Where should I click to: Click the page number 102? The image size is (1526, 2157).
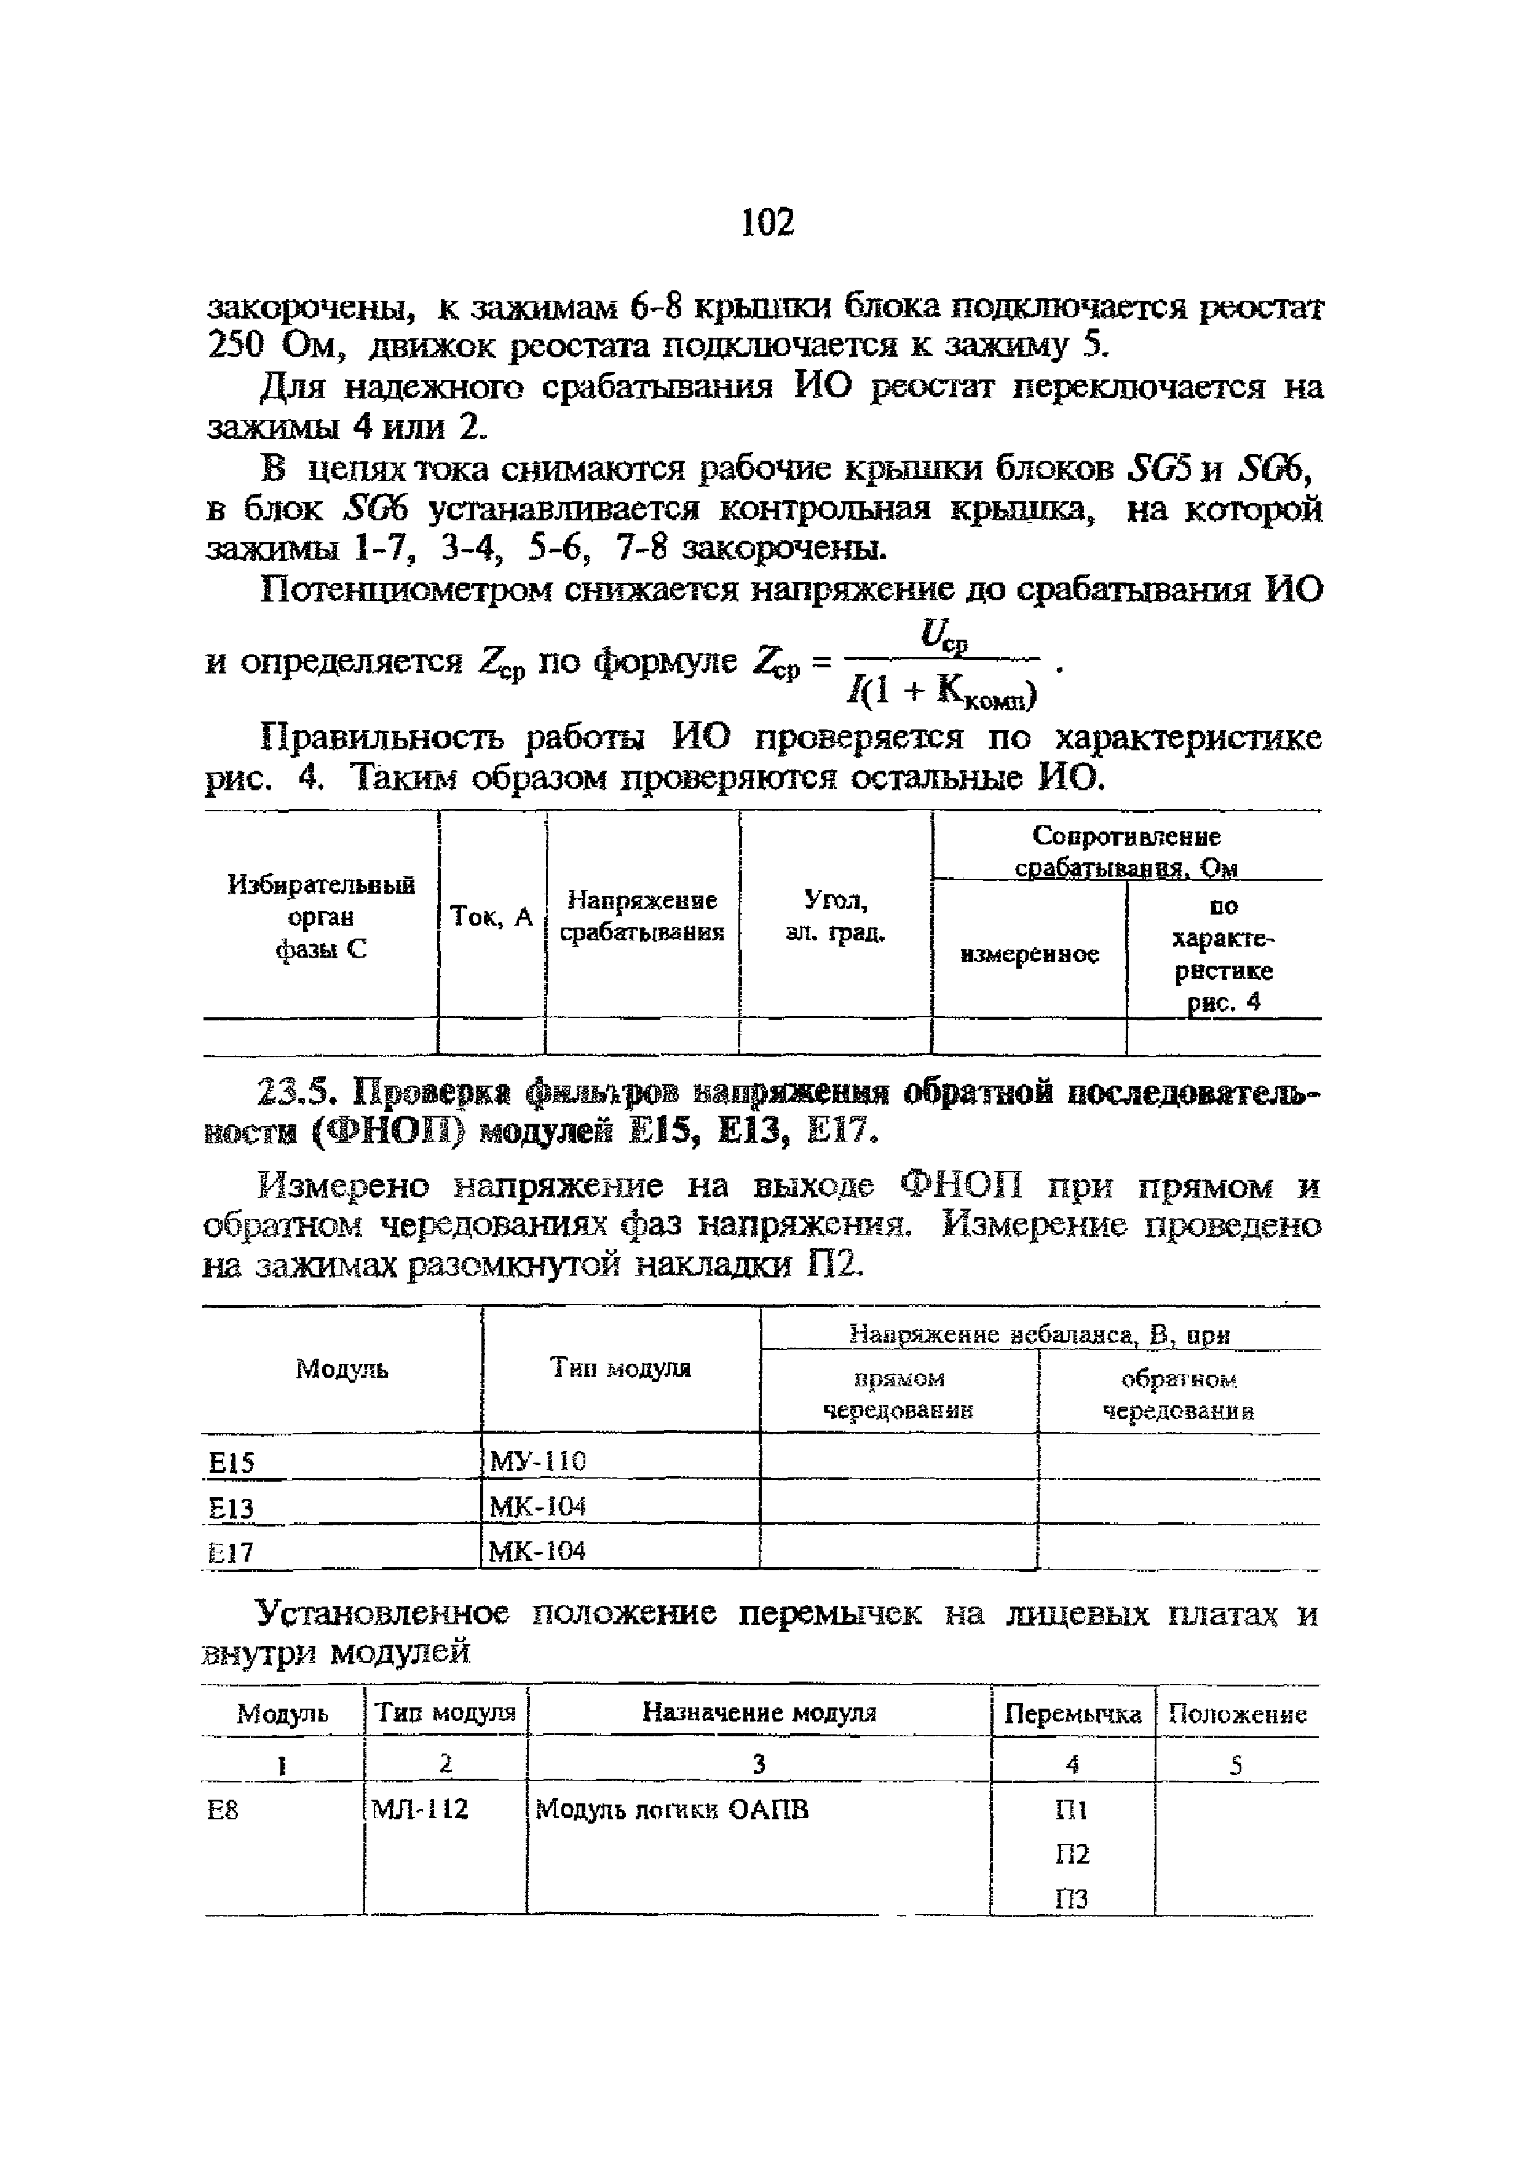point(768,223)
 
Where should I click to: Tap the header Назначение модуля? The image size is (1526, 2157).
point(759,1712)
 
